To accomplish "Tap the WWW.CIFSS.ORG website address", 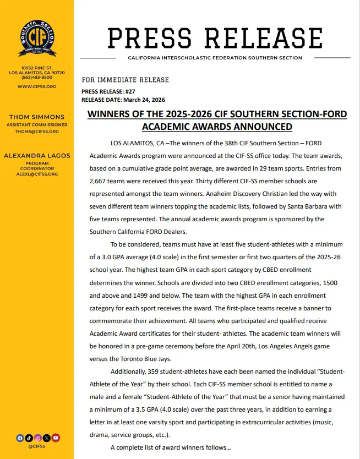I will pos(36,86).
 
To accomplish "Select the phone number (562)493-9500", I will pos(36,78).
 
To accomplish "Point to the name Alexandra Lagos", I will pos(37,156).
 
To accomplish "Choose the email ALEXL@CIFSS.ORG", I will pos(37,174).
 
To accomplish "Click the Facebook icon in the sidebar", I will pos(20,438).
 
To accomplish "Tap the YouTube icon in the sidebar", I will pos(55,438).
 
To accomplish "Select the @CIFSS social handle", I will pos(37,446).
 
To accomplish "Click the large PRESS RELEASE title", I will pos(215,38).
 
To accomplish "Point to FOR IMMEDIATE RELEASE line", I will pos(125,80).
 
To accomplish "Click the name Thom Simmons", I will pos(37,117).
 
